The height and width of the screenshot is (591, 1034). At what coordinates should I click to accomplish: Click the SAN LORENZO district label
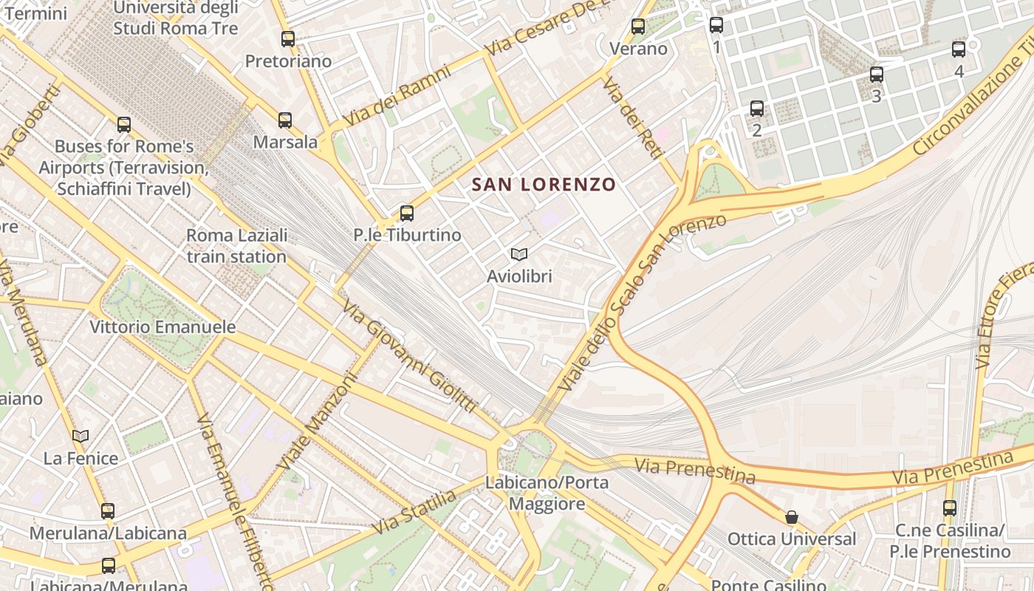point(544,184)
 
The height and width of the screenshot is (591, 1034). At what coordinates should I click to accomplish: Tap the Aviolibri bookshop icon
point(519,254)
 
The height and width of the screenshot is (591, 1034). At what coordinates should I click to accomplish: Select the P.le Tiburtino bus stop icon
point(406,213)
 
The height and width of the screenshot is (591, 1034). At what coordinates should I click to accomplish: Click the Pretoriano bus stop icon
point(288,39)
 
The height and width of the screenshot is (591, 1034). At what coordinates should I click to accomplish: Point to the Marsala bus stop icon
point(285,120)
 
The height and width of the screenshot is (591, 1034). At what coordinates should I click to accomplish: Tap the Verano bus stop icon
point(638,27)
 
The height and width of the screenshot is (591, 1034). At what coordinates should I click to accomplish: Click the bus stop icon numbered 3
point(877,75)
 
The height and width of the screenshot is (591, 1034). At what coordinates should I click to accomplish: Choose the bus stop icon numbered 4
point(959,49)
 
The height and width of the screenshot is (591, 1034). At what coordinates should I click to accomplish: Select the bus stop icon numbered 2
point(757,109)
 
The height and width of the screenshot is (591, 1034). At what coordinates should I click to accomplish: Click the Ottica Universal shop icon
point(792,517)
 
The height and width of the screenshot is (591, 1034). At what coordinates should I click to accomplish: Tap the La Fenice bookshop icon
point(81,436)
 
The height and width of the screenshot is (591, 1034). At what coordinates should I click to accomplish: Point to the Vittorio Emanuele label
point(162,327)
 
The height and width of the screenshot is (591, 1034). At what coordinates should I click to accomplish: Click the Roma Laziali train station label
point(236,246)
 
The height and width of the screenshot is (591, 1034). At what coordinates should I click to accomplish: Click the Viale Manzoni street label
point(318,421)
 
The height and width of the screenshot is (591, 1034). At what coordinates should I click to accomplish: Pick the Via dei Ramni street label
point(397,96)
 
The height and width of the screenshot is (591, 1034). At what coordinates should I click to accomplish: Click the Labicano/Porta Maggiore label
point(547,493)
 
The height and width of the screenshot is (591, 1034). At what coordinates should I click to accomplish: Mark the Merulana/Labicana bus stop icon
point(108,510)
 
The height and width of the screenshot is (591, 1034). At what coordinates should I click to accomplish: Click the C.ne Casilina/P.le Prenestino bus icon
point(950,508)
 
